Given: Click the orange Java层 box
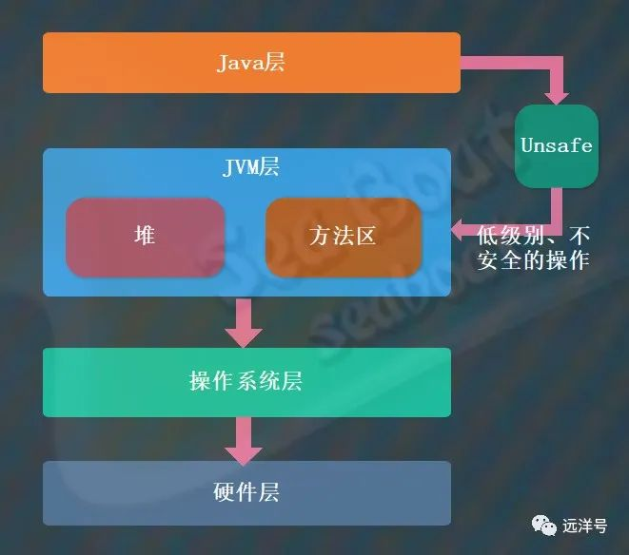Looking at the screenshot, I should click(x=251, y=63).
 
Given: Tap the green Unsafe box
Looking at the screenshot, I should click(x=557, y=145).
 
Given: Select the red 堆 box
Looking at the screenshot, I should click(x=145, y=237).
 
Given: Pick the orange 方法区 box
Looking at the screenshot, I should click(x=343, y=237).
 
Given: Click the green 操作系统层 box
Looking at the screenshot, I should click(x=246, y=382).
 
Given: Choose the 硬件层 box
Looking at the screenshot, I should click(x=246, y=493).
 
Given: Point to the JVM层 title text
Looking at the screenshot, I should click(x=250, y=168).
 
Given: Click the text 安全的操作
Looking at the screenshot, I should click(x=534, y=259).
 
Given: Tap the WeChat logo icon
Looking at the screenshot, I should click(x=545, y=525).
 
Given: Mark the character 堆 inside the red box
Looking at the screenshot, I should click(x=145, y=237).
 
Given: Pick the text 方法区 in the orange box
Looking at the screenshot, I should click(x=343, y=237).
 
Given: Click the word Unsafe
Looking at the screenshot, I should click(x=557, y=145).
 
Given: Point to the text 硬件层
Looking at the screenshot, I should click(x=246, y=493).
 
